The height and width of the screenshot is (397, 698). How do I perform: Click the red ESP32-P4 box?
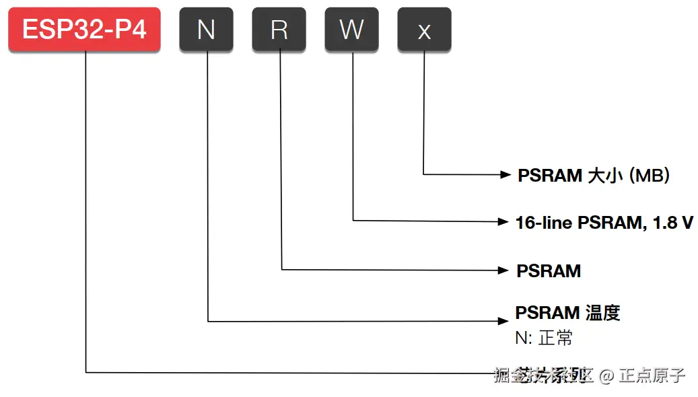(84, 30)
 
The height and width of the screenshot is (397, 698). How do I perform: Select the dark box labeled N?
(206, 30)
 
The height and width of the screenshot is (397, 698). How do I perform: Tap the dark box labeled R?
(279, 30)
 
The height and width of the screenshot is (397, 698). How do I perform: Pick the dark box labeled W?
(351, 30)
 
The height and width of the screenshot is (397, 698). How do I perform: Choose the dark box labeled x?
(424, 30)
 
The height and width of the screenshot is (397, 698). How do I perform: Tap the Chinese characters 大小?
(605, 176)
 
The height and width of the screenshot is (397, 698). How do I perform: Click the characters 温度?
(602, 313)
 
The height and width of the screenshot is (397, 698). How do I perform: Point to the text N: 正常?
(544, 338)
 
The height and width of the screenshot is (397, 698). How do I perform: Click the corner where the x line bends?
(423, 174)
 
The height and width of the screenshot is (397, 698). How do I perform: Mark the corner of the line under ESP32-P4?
(86, 371)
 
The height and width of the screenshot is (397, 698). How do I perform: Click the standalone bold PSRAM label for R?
(549, 271)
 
